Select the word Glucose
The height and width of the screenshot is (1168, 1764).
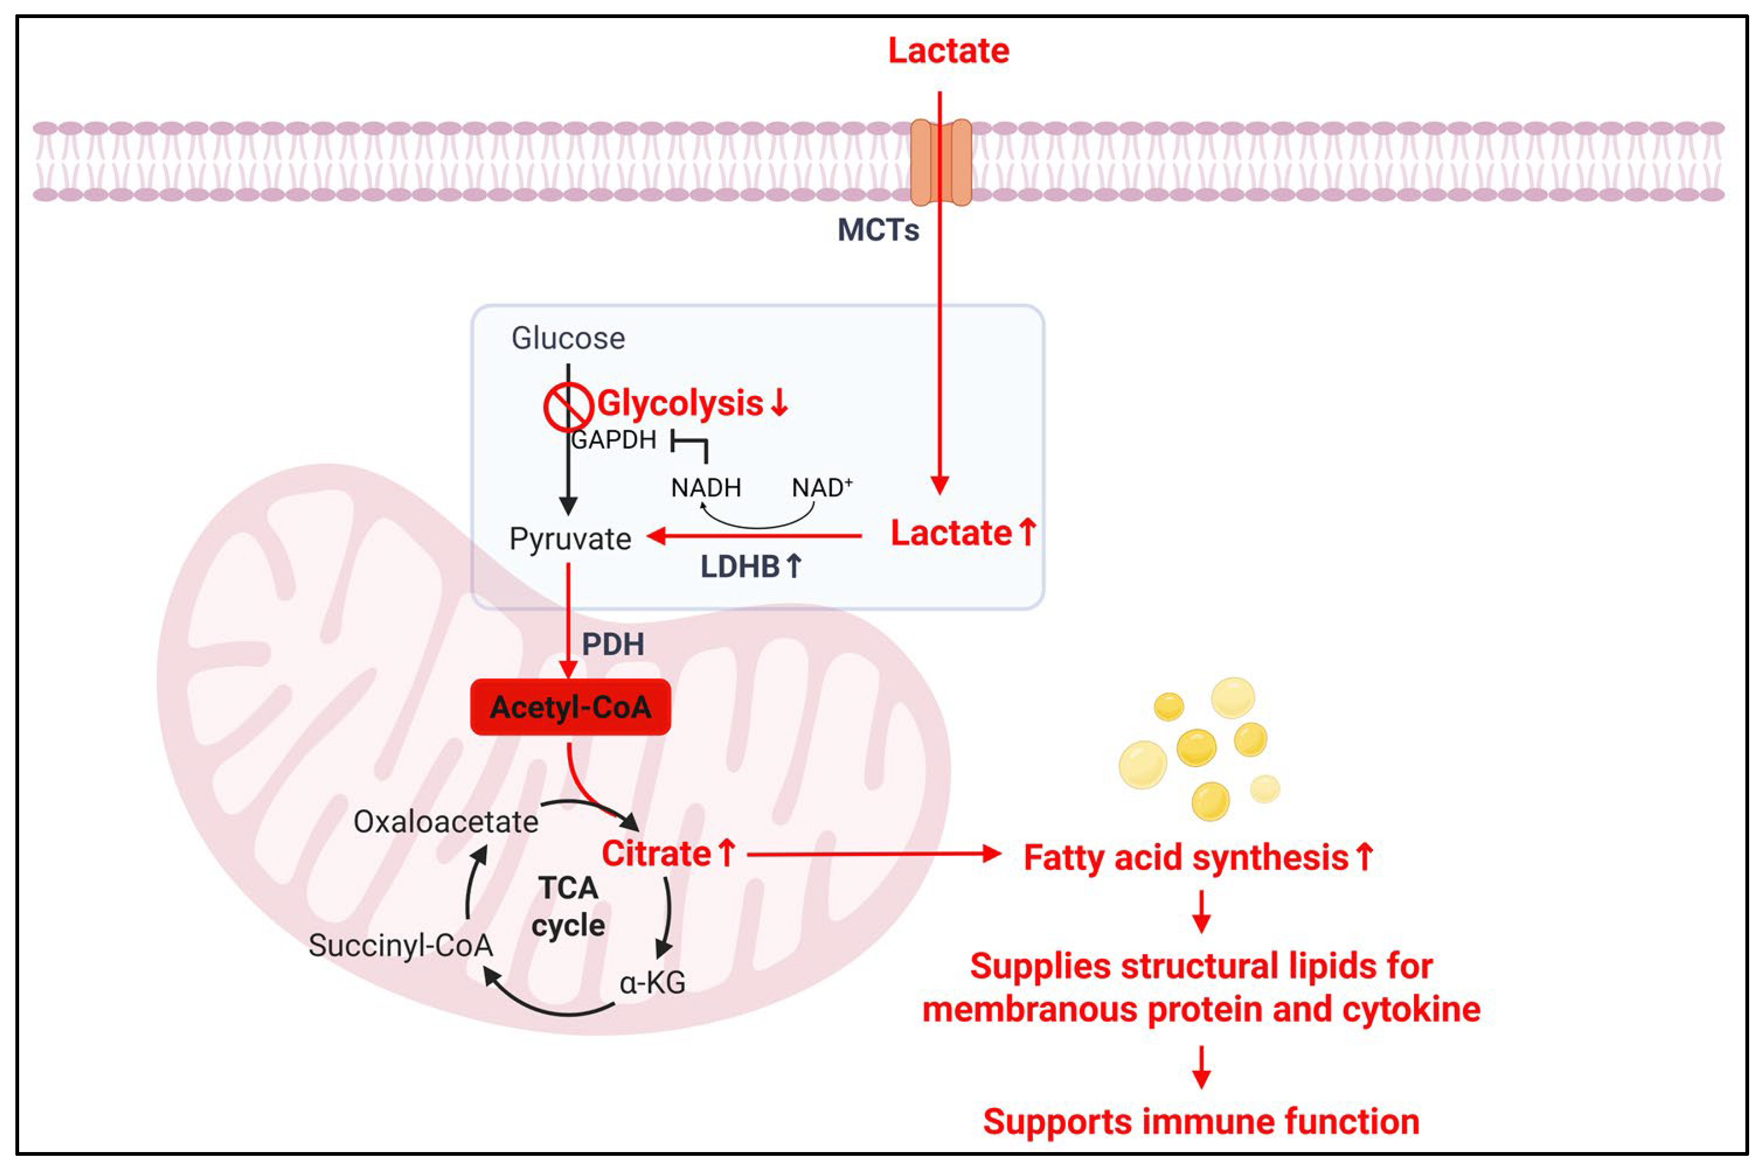568,338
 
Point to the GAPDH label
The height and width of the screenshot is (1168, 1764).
613,440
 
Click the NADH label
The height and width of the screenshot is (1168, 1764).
706,488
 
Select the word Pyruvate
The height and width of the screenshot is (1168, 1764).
570,538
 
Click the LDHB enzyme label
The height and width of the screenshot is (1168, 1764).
750,567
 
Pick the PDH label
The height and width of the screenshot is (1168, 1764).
613,645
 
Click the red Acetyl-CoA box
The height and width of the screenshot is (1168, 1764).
570,707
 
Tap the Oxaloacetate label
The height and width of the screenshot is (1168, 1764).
446,822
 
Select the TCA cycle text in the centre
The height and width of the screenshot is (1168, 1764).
568,907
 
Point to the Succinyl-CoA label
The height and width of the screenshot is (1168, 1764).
401,945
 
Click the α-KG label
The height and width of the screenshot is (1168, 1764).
652,983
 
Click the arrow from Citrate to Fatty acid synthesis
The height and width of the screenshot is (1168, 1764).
872,854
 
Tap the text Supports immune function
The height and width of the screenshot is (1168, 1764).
1201,1121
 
